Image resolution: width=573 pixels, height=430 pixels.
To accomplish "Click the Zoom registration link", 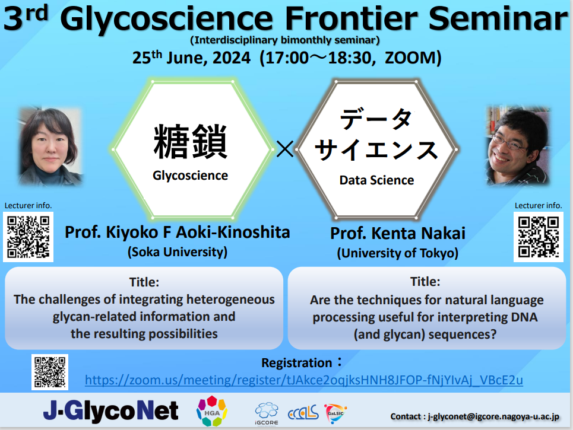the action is coord(303,380).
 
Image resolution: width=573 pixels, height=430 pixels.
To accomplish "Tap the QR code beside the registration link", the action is coord(50,372).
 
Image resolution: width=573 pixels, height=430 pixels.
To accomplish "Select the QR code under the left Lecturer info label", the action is coord(28,237).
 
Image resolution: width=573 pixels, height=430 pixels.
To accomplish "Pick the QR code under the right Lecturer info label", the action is coord(539,237).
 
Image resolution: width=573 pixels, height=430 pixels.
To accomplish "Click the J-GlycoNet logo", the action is coord(110,411).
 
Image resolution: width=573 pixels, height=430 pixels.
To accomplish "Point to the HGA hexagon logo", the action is coord(212,411).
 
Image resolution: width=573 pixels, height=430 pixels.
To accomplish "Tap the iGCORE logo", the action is coord(267,413).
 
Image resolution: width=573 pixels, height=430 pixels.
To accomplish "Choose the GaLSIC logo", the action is coord(335,413).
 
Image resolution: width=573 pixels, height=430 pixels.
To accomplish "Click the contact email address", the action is coord(493,416).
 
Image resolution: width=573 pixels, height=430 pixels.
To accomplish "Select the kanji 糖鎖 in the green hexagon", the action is coord(191,142).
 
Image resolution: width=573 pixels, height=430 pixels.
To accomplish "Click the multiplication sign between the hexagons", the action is coord(284,149).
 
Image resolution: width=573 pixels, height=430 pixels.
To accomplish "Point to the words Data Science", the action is coord(377,180).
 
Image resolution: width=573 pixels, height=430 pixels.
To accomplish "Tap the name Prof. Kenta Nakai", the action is coord(398,234).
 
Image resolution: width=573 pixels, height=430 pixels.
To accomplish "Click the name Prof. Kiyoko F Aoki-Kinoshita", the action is coord(178,232).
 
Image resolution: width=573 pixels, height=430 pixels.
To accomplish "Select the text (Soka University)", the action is coord(178,252).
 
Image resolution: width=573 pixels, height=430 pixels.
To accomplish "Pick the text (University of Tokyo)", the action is coord(398,253).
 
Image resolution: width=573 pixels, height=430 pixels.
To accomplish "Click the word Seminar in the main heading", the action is coord(498,18).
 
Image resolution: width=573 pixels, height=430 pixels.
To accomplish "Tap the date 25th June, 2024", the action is coord(191,58).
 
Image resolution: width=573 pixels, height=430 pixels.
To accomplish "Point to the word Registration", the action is coord(297,363).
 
